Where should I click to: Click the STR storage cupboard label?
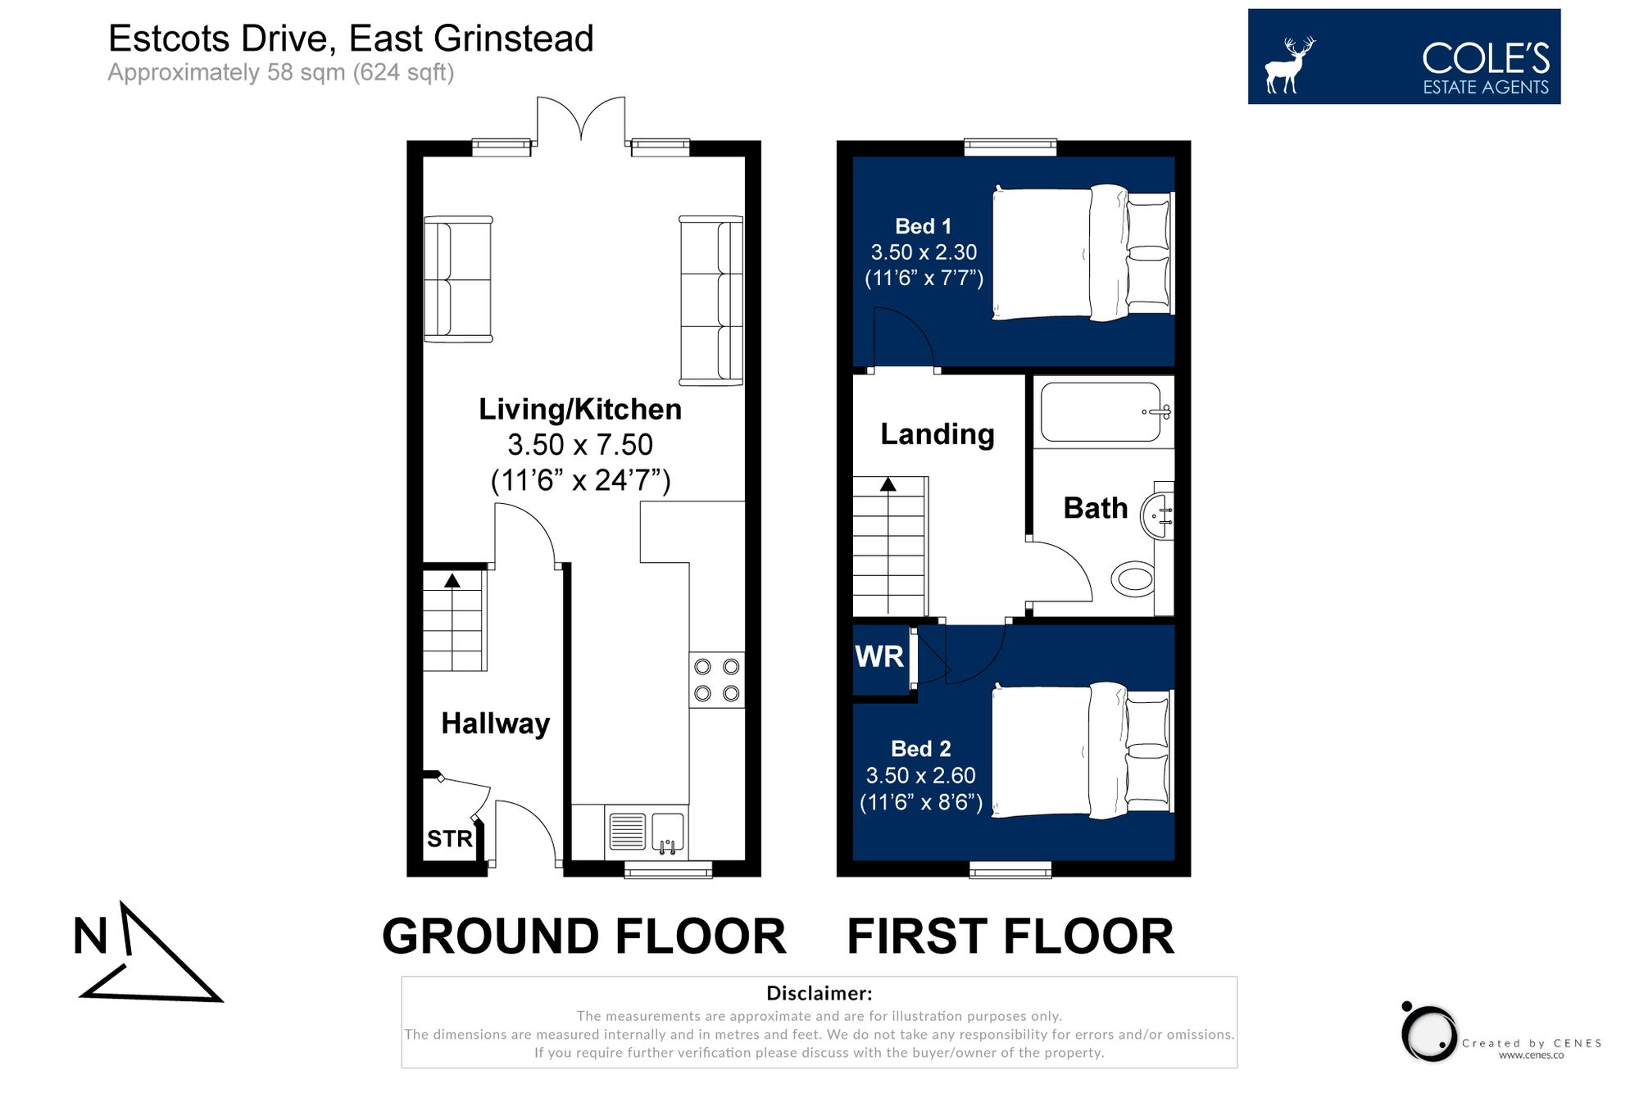click(449, 838)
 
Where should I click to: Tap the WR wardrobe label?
click(879, 656)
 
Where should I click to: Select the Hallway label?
click(495, 723)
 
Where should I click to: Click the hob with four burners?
click(716, 680)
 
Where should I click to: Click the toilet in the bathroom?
click(1134, 578)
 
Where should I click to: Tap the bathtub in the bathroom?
click(1101, 411)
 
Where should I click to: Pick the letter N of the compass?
click(90, 936)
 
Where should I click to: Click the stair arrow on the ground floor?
click(452, 581)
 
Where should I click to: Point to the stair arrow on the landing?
click(888, 484)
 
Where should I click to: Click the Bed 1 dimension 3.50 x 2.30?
click(924, 252)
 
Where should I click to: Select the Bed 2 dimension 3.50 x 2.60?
click(920, 775)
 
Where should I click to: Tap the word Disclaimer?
click(819, 993)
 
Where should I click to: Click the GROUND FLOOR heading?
click(583, 936)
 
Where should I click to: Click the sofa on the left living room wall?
click(457, 279)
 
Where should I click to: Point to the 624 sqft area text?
click(402, 73)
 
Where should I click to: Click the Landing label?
click(937, 434)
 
